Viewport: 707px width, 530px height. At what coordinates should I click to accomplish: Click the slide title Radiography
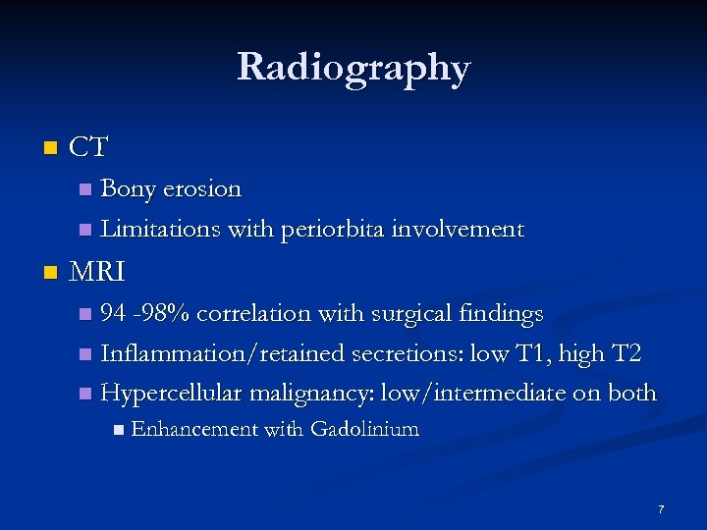[353, 67]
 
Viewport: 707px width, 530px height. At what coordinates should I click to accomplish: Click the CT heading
[89, 148]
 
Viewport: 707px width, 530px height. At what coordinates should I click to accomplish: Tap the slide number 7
[661, 510]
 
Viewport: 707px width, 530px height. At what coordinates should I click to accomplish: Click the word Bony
[131, 188]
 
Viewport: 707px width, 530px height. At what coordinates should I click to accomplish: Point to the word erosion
[203, 188]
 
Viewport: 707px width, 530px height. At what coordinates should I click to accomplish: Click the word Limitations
[160, 230]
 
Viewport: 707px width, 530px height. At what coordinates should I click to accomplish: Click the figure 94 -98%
[145, 314]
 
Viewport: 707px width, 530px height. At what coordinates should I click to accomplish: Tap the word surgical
[417, 314]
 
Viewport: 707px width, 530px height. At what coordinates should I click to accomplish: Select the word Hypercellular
[172, 393]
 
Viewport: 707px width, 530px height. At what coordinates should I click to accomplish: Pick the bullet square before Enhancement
[118, 429]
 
